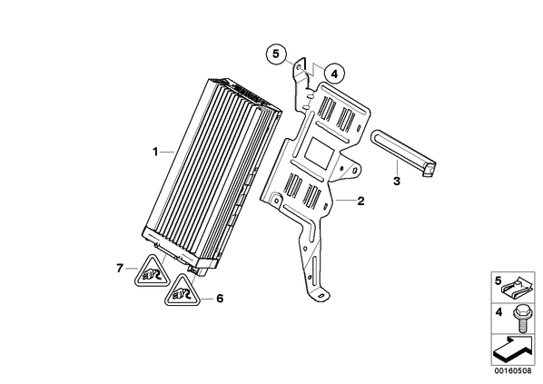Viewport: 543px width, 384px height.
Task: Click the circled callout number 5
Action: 276,54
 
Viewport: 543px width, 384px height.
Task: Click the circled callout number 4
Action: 334,74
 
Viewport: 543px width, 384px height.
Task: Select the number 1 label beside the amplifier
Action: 155,152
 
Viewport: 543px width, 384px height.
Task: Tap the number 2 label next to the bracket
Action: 360,201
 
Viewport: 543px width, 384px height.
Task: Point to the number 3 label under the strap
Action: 397,181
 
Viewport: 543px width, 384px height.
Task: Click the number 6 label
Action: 220,299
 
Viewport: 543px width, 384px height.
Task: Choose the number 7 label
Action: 120,268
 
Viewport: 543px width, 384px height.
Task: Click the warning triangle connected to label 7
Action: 152,271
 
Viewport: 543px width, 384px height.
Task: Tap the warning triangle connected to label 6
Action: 181,290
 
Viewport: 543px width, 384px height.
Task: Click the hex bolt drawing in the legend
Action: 520,319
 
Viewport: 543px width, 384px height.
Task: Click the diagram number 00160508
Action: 512,371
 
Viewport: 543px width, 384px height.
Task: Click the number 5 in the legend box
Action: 498,281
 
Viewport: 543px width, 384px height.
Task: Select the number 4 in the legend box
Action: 499,312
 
